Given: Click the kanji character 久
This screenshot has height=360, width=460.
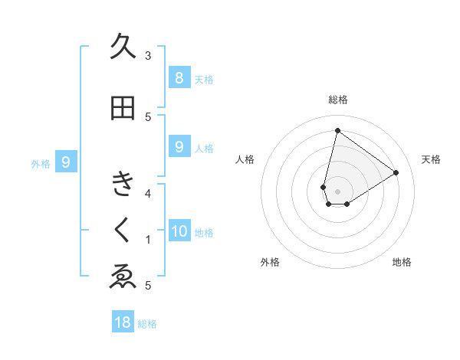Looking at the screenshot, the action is (123, 47).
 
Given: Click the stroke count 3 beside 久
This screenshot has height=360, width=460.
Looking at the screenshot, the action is (148, 55).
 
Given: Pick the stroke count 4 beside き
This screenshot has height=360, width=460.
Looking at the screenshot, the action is (148, 193).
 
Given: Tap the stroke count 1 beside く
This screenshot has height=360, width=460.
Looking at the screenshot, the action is (148, 240).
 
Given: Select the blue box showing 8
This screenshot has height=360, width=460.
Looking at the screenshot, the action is (179, 77).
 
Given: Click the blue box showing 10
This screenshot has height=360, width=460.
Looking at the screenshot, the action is (179, 231).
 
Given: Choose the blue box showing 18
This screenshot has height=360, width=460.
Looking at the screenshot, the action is (123, 322).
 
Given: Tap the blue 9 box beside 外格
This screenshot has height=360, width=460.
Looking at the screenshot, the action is (67, 162).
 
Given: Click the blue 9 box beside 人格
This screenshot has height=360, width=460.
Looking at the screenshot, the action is (179, 147).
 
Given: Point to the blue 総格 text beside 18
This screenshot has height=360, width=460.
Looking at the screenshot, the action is (147, 324).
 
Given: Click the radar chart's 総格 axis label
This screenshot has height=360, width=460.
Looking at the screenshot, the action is (337, 100).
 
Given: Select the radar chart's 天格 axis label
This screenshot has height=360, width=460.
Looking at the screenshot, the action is (431, 159).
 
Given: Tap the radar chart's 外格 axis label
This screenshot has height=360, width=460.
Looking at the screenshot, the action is (270, 262).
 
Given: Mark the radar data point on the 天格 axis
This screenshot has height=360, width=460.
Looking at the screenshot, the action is (396, 172).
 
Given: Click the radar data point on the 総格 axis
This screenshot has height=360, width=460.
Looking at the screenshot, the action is (337, 130).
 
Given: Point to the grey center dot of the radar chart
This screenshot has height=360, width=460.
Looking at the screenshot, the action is (337, 191).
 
